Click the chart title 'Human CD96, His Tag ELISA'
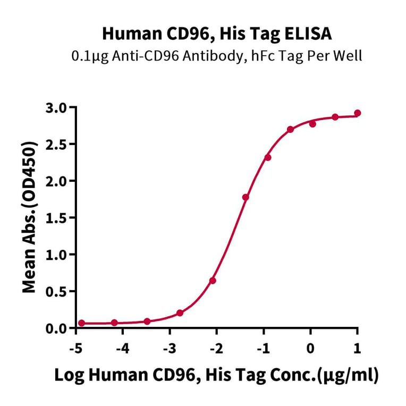(217, 35)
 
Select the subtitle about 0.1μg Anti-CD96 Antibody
(217, 56)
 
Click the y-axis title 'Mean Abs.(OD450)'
(30, 217)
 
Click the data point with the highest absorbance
(358, 113)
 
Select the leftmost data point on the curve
(81, 323)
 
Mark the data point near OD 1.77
(246, 197)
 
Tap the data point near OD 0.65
(213, 280)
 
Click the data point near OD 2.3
(268, 157)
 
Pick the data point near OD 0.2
(180, 313)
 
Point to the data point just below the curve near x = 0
(312, 124)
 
